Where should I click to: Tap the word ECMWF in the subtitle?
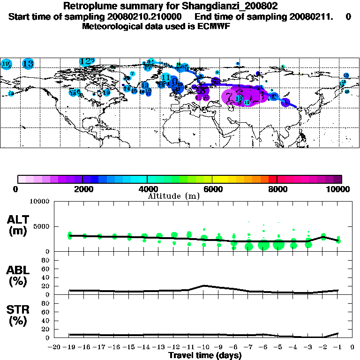(216, 26)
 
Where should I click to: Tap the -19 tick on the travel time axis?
(69, 347)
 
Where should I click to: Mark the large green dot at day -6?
(263, 245)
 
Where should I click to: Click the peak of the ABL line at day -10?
(204, 285)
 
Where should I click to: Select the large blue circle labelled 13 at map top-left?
(28, 64)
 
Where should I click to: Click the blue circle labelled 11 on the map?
(165, 78)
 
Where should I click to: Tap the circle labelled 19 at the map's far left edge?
(6, 64)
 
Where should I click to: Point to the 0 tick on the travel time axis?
(352, 347)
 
